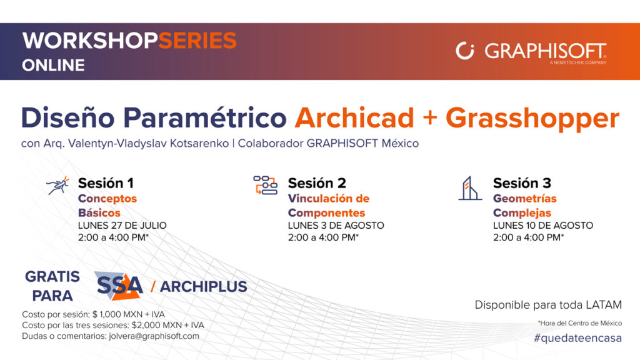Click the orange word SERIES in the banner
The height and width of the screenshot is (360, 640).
tap(197, 41)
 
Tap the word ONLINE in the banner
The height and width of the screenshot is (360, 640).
tap(54, 65)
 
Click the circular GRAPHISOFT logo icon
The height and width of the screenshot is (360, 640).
tap(465, 51)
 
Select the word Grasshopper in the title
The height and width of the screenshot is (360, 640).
tap(532, 119)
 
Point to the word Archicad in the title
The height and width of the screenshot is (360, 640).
tap(354, 118)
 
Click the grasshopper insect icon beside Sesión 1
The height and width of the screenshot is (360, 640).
tap(57, 186)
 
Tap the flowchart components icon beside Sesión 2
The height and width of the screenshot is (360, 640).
tap(265, 185)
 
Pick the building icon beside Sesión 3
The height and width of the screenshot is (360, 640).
tap(470, 188)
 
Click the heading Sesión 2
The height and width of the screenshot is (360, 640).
tap(317, 183)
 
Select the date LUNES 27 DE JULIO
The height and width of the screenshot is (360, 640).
tap(122, 225)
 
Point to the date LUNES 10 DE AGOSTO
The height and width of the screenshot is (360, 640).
tap(543, 225)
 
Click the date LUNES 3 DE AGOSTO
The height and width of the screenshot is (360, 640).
tap(336, 225)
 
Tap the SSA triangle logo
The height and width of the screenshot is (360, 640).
tap(119, 286)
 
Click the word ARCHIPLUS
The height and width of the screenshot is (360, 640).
tap(203, 286)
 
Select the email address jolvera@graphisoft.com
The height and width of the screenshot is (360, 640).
tap(154, 336)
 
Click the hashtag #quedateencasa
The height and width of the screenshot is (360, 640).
tap(577, 338)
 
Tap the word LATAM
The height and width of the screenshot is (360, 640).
tap(604, 305)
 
